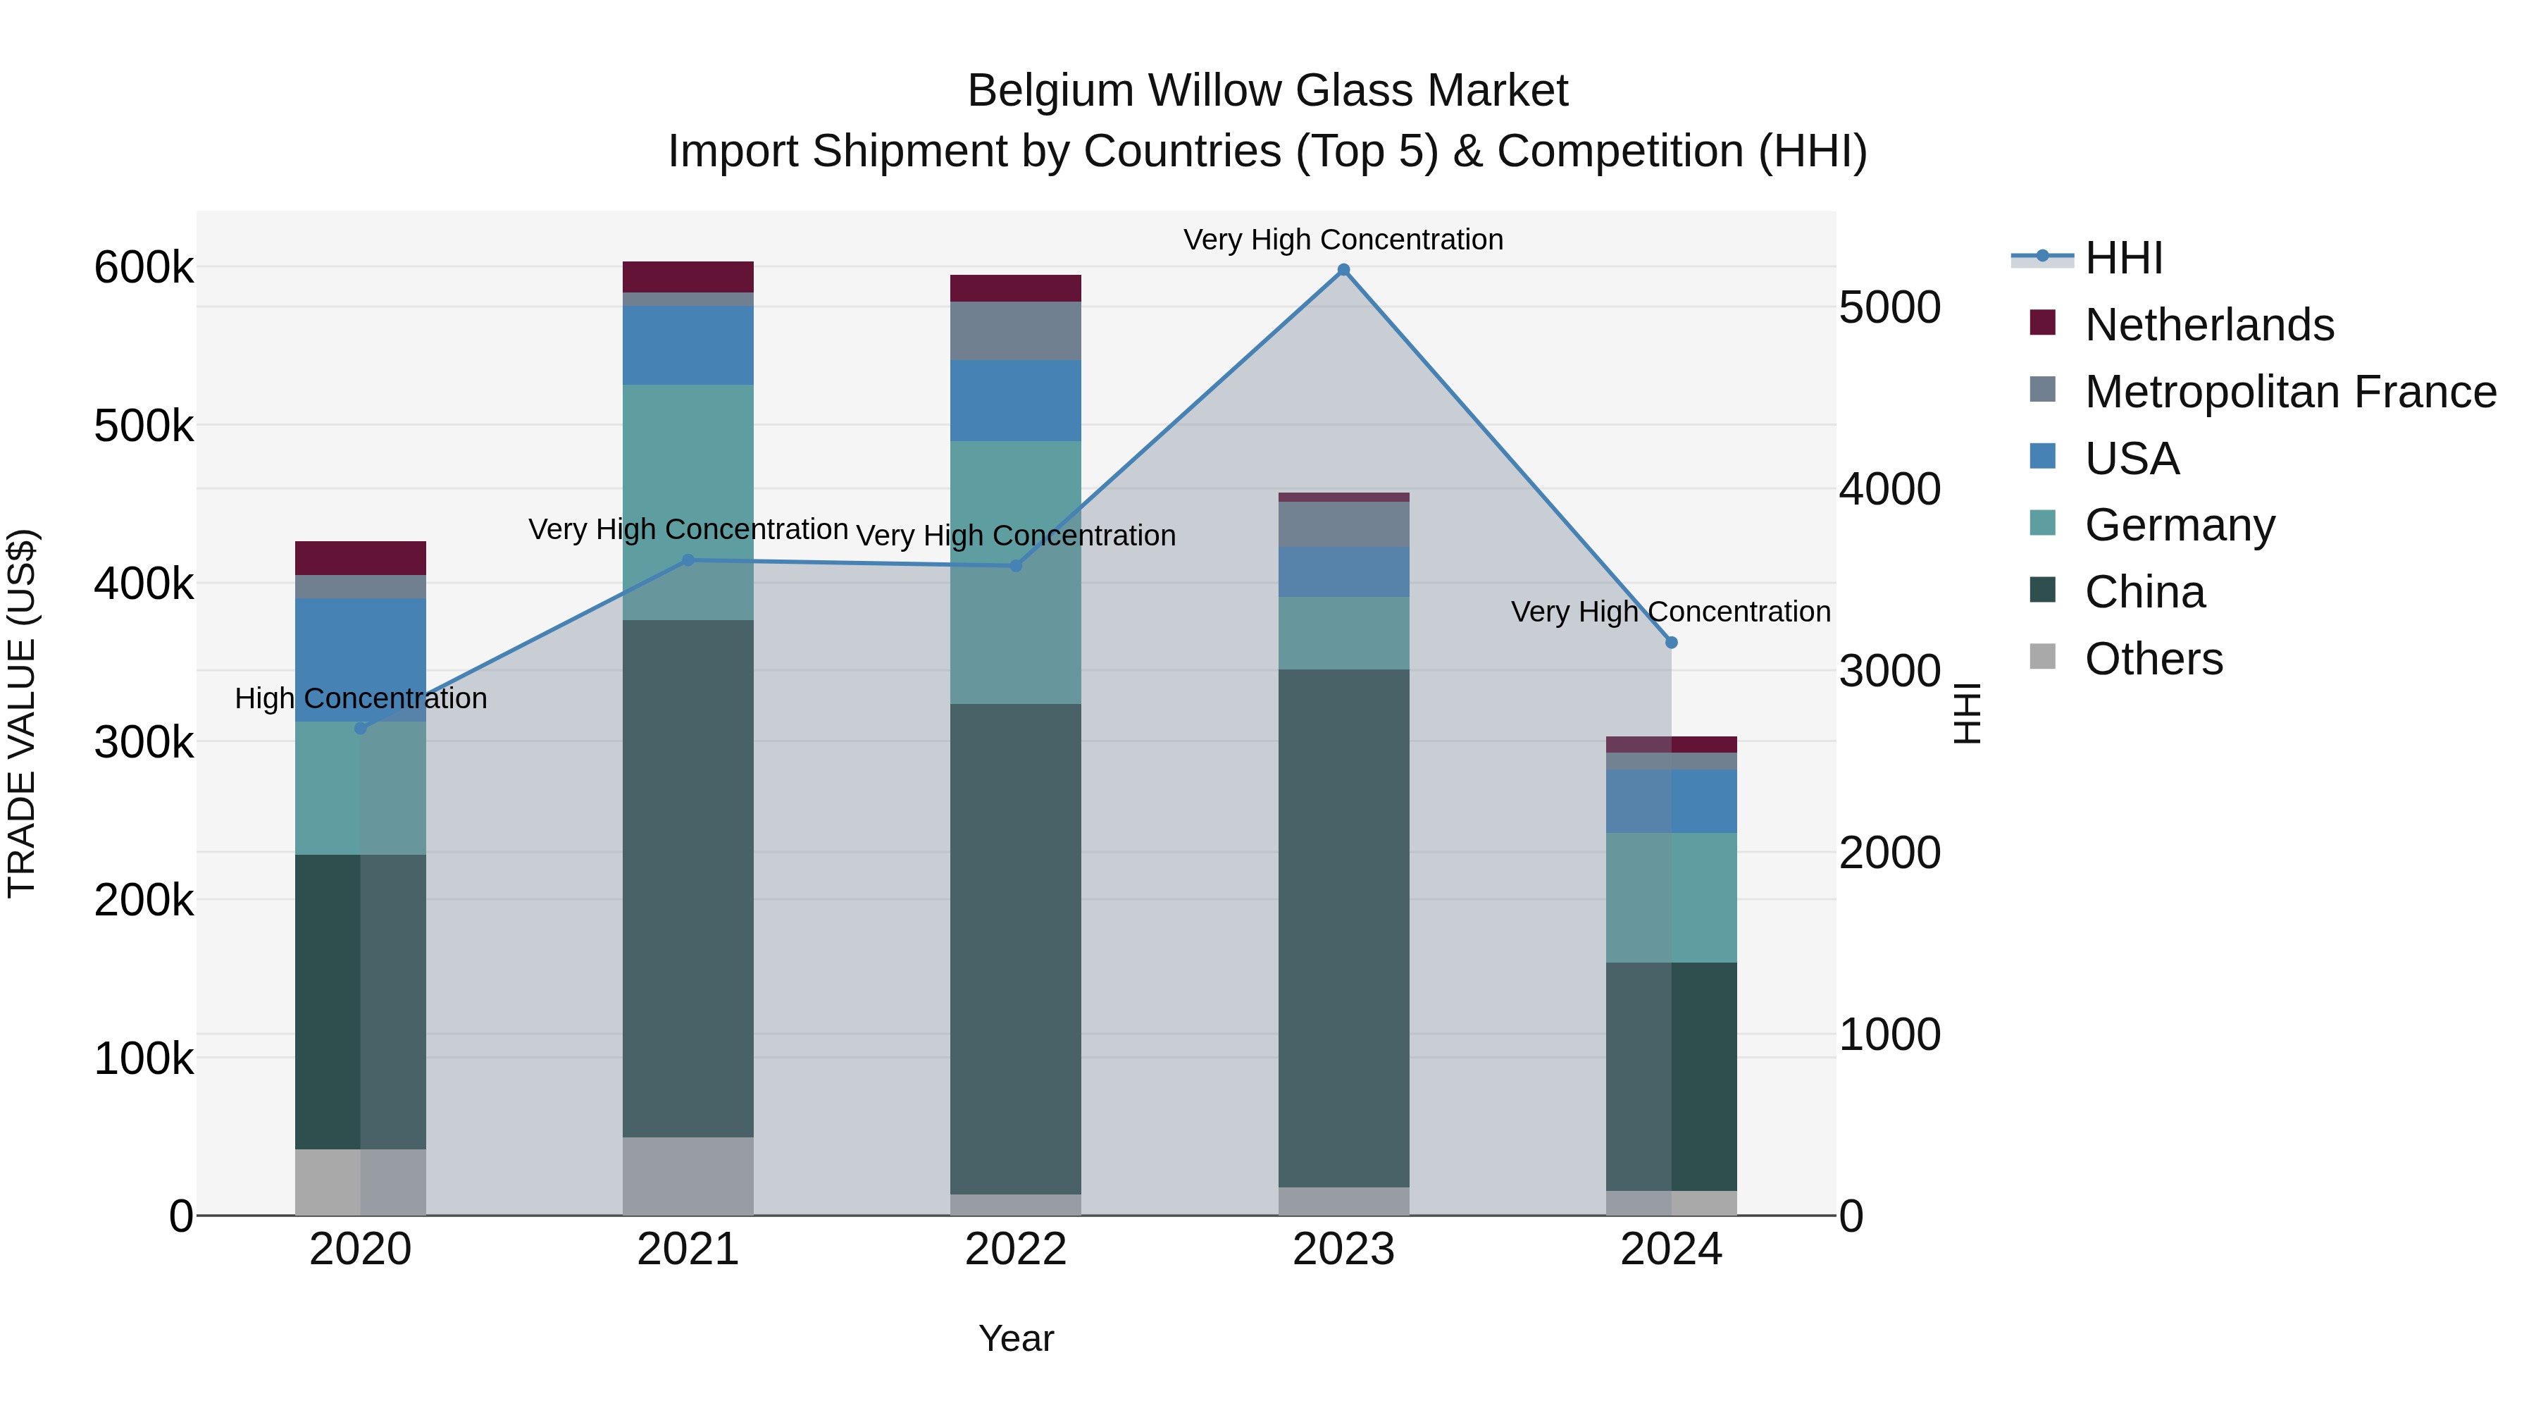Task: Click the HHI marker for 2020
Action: click(x=360, y=728)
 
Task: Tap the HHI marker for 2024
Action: click(x=1671, y=642)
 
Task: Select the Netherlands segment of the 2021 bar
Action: click(x=688, y=277)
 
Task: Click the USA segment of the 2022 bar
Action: click(x=1015, y=401)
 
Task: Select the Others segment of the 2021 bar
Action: click(x=688, y=1176)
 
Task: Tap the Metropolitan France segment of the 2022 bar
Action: click(x=1015, y=331)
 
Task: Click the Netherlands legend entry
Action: click(x=2208, y=325)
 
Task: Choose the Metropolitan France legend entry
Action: click(x=2290, y=392)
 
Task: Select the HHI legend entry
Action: click(x=2122, y=258)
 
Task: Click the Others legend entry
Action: click(x=2153, y=659)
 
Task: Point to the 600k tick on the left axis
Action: click(x=144, y=268)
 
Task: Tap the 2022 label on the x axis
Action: click(x=1015, y=1249)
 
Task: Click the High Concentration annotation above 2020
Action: click(x=360, y=698)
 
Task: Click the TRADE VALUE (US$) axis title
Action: click(x=23, y=713)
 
